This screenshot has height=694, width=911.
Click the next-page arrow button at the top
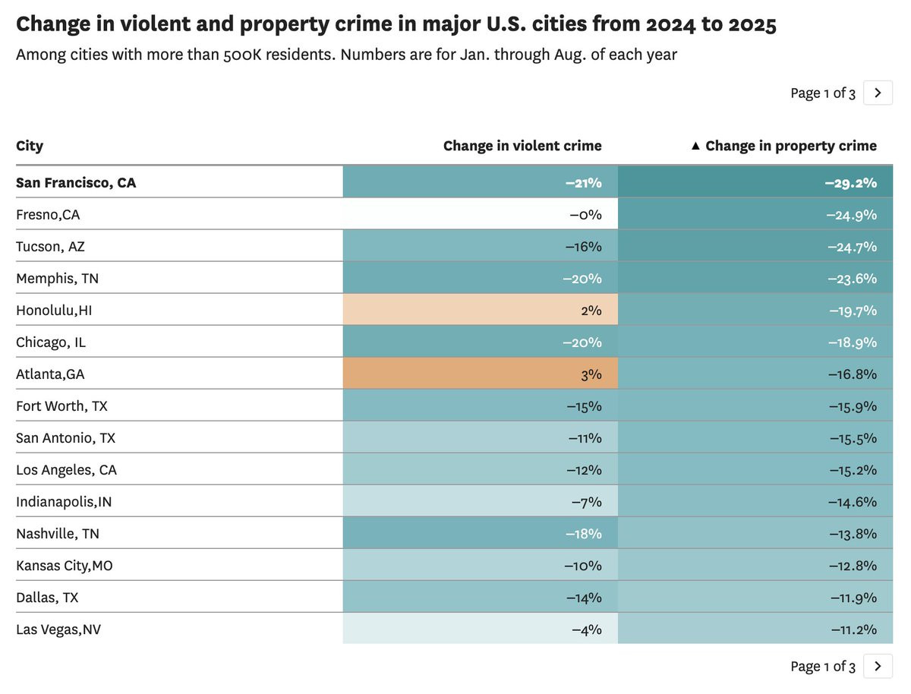[x=878, y=93]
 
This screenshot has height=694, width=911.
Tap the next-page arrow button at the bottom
[x=878, y=666]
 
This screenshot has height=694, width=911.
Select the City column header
[x=30, y=146]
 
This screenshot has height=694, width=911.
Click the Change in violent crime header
[x=522, y=146]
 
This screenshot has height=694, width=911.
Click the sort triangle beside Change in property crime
[x=695, y=146]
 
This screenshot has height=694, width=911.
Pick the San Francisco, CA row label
[x=76, y=183]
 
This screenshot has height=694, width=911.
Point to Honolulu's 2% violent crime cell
[x=481, y=311]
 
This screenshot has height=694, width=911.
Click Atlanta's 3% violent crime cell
[x=481, y=374]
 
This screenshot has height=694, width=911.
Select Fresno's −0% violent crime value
[x=585, y=215]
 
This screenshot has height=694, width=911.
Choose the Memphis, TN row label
[x=58, y=279]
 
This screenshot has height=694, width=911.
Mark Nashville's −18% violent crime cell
[x=481, y=534]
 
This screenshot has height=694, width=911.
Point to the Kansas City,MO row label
[x=65, y=566]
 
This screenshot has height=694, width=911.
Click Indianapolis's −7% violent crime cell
[x=481, y=502]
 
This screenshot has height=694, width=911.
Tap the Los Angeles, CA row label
[x=67, y=470]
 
